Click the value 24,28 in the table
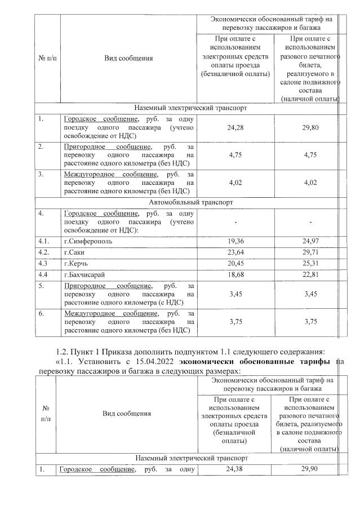[x=235, y=127]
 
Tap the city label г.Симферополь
[x=88, y=241]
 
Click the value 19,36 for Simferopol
[x=235, y=241]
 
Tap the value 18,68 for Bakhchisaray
[x=235, y=275]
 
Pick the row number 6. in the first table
[x=41, y=313]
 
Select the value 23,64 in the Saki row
[x=235, y=252]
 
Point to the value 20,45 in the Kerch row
[x=235, y=264]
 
